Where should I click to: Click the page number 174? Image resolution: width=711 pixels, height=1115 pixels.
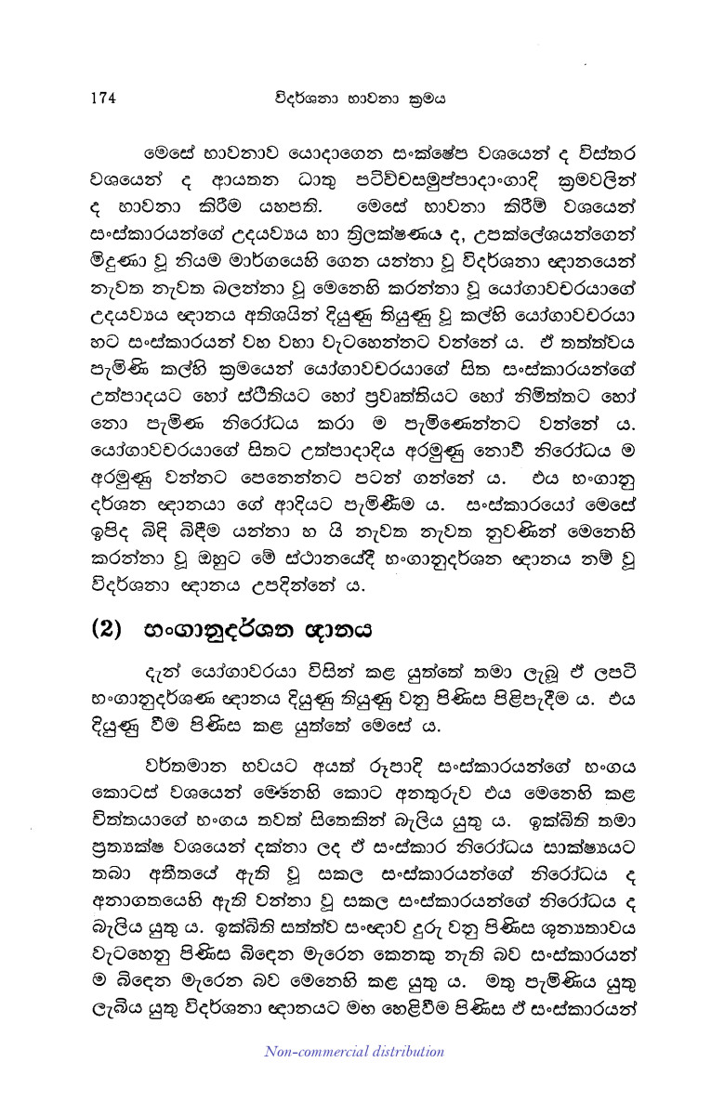tap(107, 94)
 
